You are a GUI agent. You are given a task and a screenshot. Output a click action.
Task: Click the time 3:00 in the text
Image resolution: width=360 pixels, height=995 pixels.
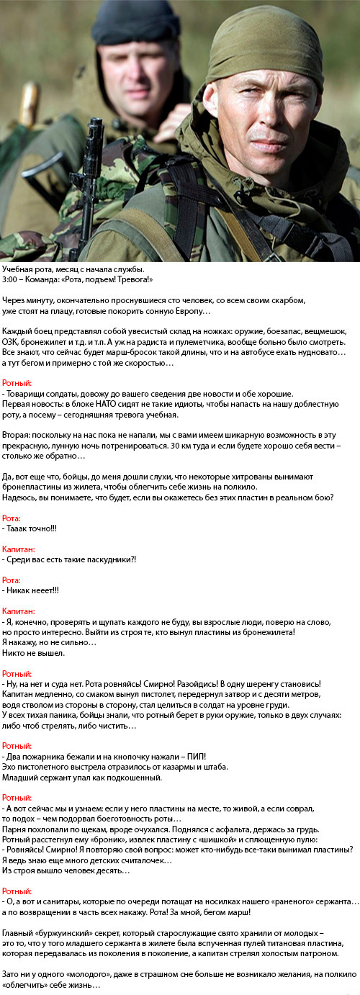(11, 279)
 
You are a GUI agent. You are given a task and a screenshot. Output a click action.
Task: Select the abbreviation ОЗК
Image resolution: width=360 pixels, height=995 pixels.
(13, 342)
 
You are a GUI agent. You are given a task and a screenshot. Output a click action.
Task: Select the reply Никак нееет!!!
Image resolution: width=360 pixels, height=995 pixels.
(31, 590)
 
